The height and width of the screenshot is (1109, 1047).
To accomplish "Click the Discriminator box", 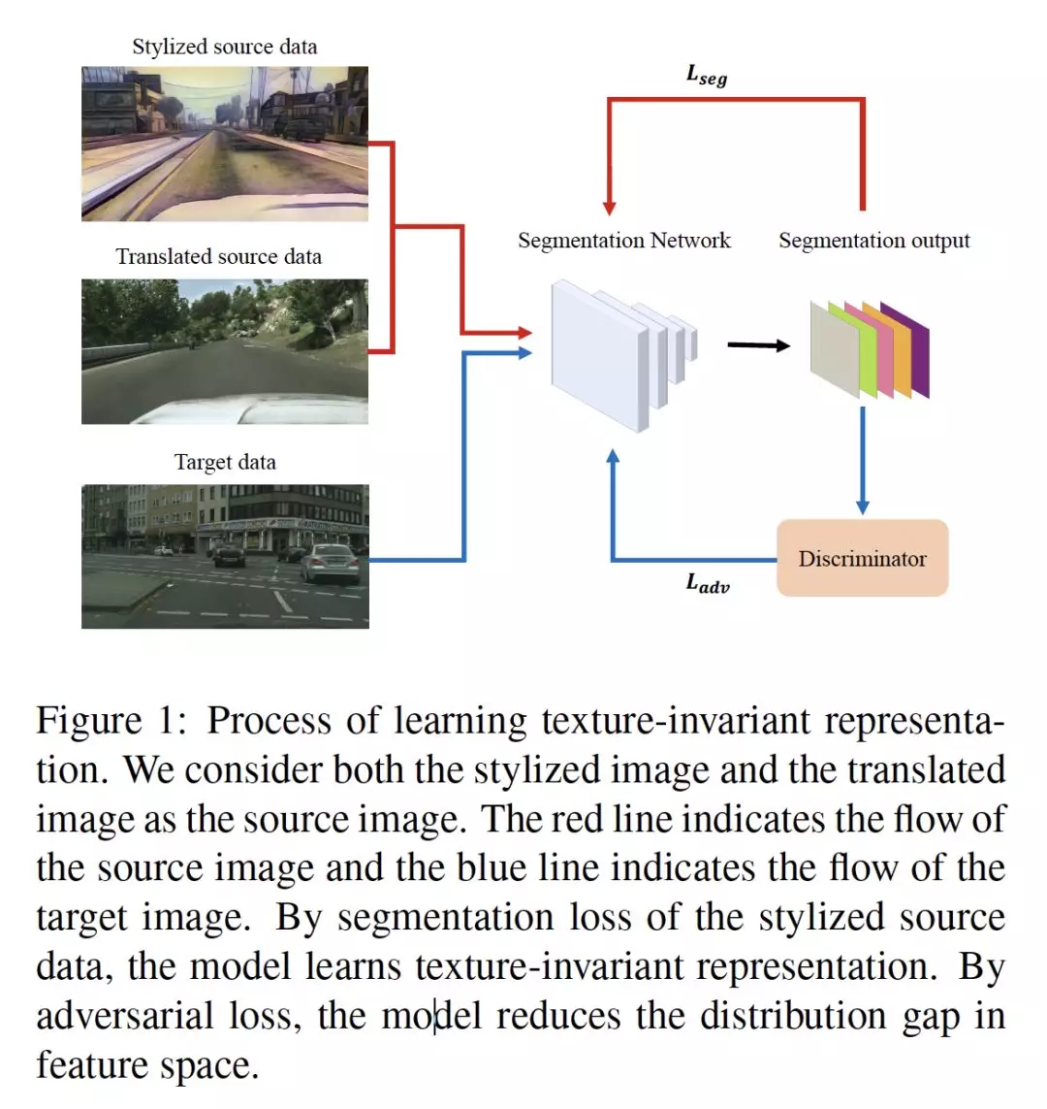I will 862,558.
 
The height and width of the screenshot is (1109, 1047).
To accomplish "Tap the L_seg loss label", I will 706,75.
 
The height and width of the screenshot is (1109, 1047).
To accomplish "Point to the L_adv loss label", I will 708,583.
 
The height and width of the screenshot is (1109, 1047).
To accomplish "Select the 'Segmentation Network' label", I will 623,241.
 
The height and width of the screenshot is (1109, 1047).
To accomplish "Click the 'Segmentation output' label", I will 873,241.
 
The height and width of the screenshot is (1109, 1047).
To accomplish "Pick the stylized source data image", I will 225,144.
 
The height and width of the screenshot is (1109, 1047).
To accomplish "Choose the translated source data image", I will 225,351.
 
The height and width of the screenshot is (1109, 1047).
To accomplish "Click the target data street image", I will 225,556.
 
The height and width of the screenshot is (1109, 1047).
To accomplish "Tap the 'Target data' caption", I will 225,462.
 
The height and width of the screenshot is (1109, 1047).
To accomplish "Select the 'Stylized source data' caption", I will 225,47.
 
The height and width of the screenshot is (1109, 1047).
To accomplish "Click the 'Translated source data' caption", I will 219,256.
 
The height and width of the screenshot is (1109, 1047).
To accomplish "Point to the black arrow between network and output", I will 758,344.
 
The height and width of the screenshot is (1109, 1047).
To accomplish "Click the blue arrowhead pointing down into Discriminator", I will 862,506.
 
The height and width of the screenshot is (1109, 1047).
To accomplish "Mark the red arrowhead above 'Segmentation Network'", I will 609,207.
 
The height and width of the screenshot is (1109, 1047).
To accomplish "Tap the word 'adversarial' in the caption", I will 125,1016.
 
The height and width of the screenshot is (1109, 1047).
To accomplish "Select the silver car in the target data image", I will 330,563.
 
